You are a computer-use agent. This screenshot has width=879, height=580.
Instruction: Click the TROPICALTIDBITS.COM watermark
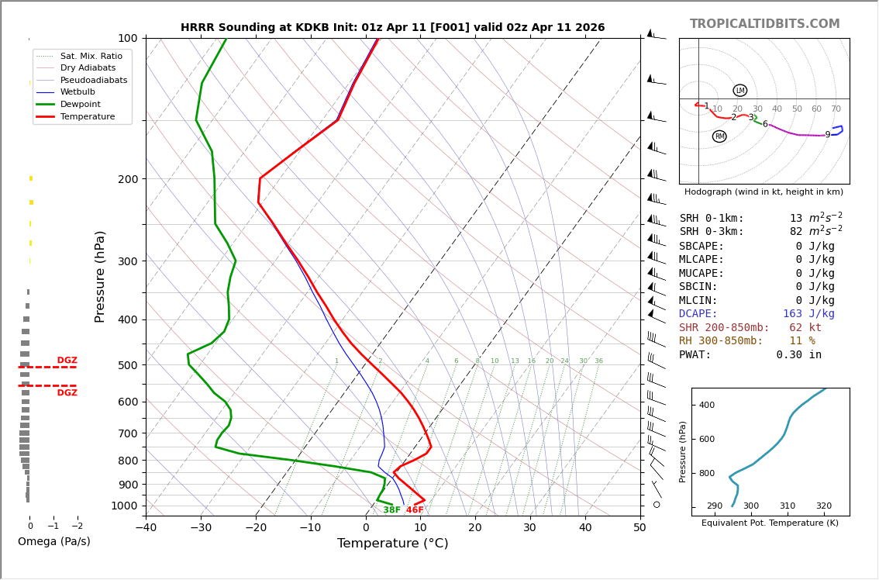coord(764,24)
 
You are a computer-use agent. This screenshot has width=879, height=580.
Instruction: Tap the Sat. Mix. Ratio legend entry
coord(91,57)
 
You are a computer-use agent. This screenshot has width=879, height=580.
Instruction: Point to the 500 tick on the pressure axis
coord(127,365)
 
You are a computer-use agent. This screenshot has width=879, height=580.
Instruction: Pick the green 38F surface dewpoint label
coord(391,510)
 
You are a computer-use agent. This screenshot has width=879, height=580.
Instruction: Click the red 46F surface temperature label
coord(415,510)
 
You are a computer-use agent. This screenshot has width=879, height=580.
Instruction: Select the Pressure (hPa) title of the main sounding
coord(100,276)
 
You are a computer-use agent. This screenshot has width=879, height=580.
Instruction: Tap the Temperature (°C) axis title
coord(392,544)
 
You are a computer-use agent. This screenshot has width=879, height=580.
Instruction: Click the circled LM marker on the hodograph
coord(740,91)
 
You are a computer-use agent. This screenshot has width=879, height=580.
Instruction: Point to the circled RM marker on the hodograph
coord(719,136)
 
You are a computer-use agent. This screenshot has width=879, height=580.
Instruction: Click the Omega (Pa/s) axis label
coord(53,541)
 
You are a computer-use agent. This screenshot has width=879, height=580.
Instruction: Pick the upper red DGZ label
coord(67,361)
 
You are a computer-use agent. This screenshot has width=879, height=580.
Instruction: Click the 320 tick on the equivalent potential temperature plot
coord(823,506)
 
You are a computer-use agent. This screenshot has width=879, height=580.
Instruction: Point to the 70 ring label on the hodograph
coord(836,109)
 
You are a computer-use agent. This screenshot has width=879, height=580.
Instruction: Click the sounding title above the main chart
coord(392,28)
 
